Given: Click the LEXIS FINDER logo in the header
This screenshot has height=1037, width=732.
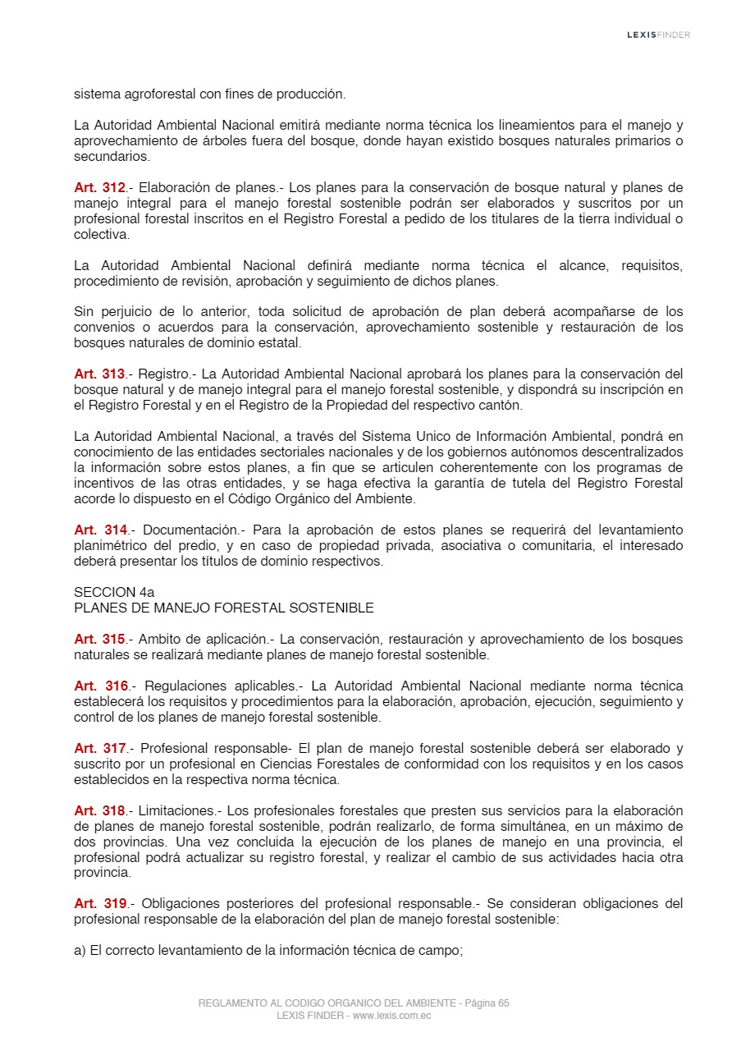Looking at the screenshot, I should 658,34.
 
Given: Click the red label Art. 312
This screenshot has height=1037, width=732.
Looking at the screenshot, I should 100,188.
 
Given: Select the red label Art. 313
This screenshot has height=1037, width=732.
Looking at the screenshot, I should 100,374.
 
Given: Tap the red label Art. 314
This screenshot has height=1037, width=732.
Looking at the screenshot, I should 100,530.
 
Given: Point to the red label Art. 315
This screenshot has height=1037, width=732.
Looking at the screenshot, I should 100,640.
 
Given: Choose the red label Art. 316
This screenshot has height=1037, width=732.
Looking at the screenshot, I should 100,686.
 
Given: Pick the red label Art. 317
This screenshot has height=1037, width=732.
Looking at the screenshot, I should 100,749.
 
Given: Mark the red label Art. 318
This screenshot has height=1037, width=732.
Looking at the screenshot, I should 100,811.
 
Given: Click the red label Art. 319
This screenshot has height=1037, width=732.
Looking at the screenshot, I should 100,904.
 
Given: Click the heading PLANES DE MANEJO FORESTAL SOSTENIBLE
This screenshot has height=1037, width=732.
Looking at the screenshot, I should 223,608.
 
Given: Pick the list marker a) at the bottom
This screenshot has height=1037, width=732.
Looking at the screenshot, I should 80,952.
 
